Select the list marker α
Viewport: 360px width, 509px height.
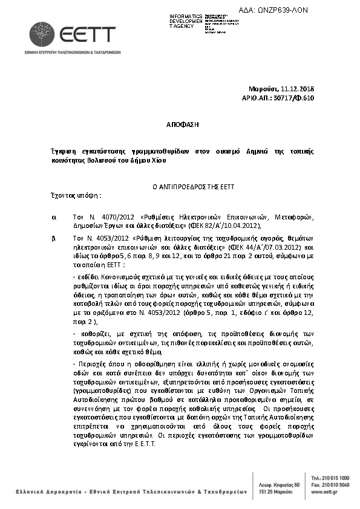[x=54, y=216]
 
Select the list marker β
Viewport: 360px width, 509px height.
[x=54, y=238]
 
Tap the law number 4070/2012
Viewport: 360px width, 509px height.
[x=103, y=216]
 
